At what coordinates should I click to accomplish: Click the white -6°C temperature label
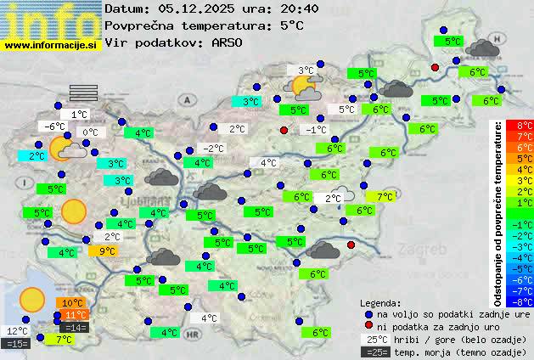pyautogui.click(x=55, y=127)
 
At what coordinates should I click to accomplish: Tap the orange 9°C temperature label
pyautogui.click(x=108, y=250)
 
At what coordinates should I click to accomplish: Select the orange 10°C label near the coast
pyautogui.click(x=72, y=302)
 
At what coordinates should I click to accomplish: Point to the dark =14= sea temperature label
pyautogui.click(x=75, y=327)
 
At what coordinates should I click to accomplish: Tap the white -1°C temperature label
pyautogui.click(x=316, y=129)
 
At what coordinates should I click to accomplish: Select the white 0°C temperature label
pyautogui.click(x=90, y=132)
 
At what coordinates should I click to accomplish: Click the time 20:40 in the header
pyautogui.click(x=298, y=8)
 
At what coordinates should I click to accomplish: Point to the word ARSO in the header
pyautogui.click(x=228, y=42)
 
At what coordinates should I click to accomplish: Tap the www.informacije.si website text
pyautogui.click(x=51, y=45)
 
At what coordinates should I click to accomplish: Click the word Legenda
pyautogui.click(x=381, y=302)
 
